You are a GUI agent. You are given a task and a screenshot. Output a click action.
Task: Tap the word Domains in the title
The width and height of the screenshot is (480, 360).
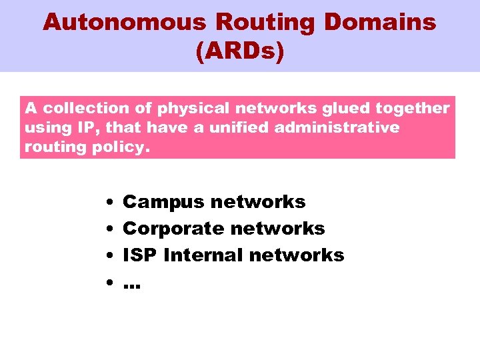380,22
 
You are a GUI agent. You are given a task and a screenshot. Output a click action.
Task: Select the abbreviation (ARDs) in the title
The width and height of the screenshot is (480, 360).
240,51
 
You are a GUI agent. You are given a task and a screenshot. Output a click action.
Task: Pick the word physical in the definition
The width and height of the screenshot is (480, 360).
169,108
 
